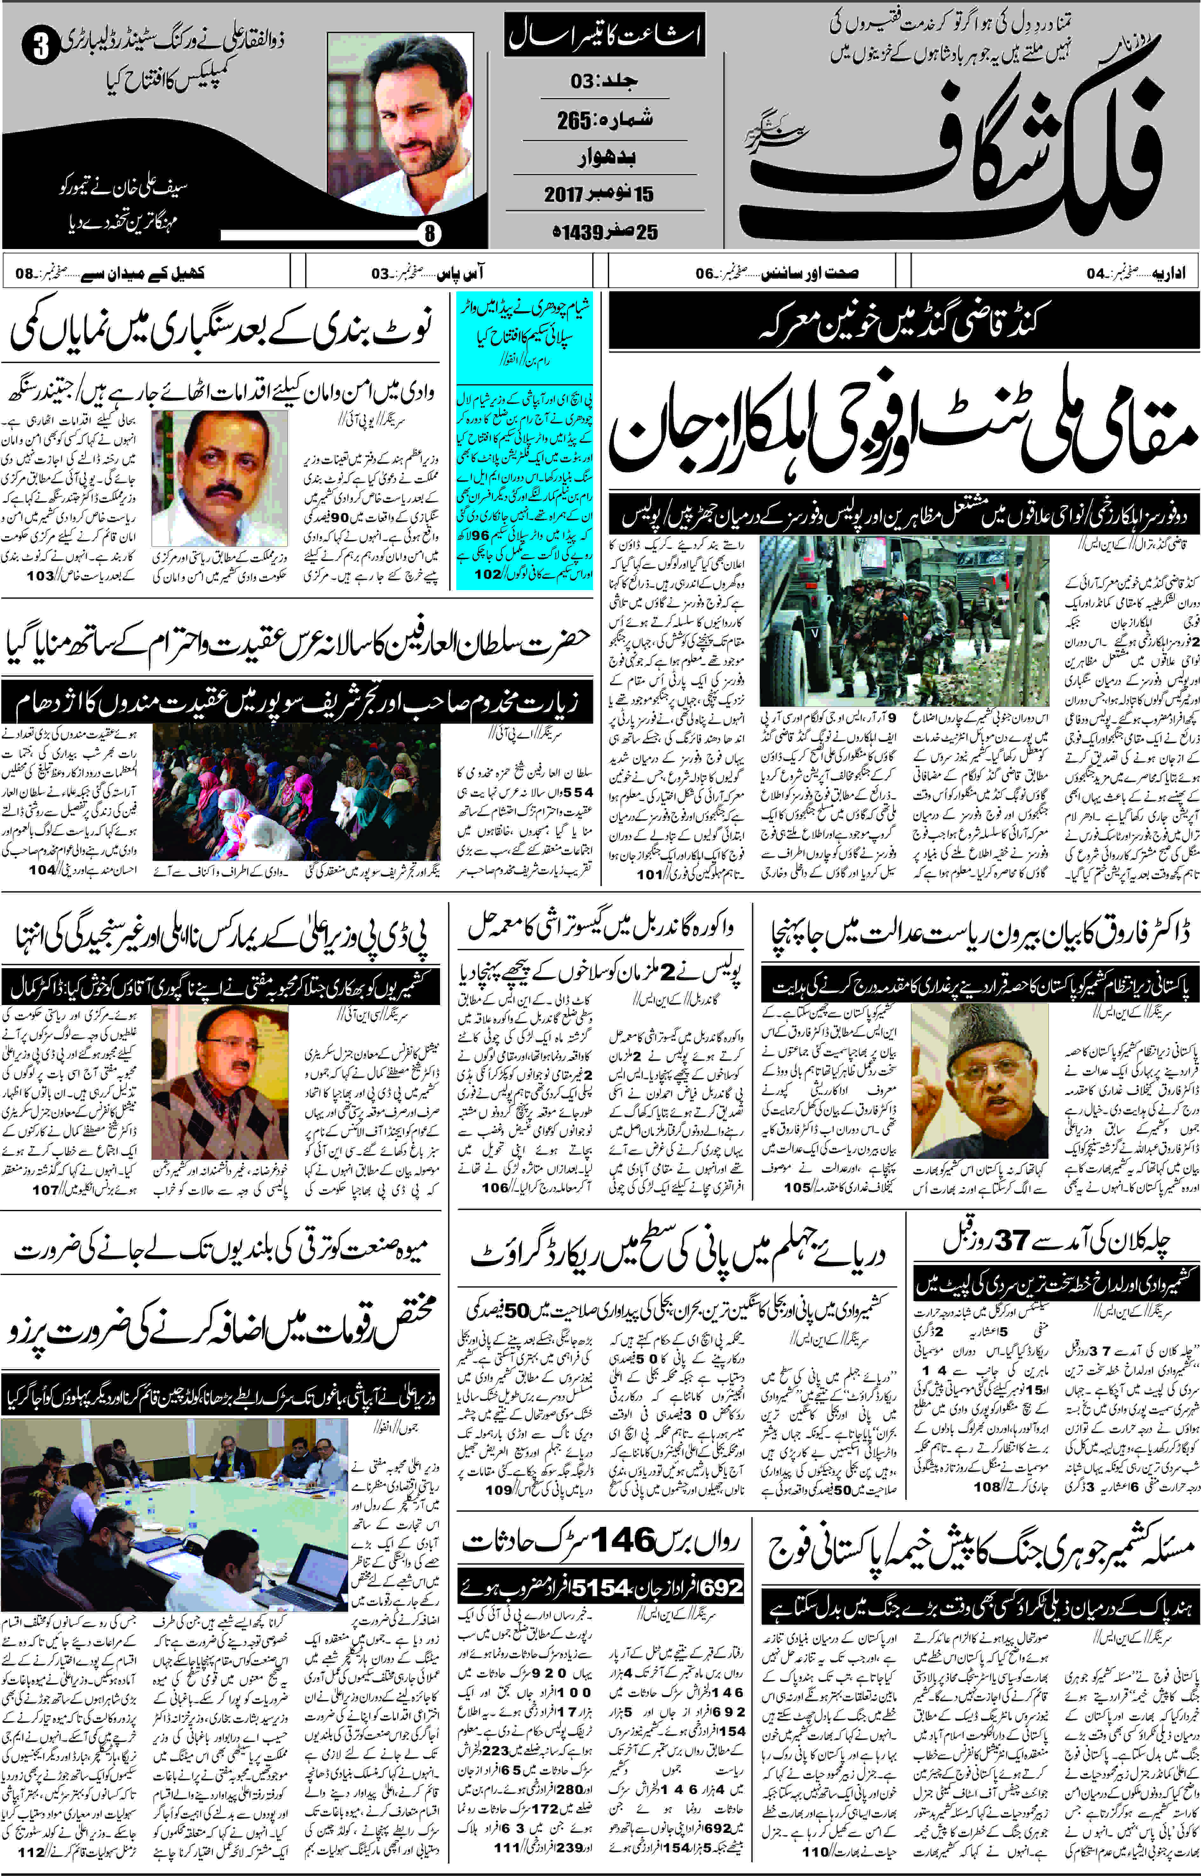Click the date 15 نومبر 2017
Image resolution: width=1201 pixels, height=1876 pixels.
click(599, 193)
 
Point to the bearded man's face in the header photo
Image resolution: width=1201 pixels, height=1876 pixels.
click(413, 109)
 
